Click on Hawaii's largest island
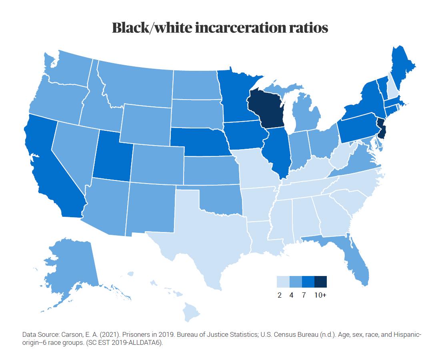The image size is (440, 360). coord(190,312)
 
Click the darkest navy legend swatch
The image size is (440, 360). coord(320,282)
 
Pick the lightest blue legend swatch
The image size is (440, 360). coord(283,282)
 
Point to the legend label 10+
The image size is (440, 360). coord(320,295)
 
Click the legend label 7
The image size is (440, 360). coord(304,295)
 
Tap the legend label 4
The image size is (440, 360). coord(292,295)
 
